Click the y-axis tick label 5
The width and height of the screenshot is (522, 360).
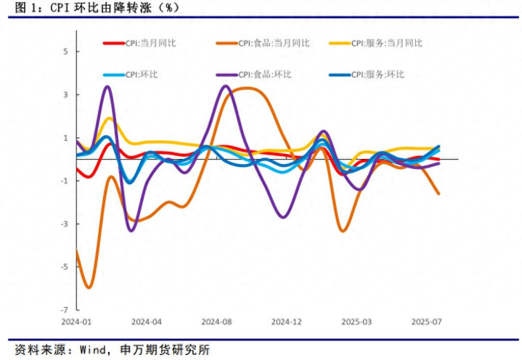point(65,52)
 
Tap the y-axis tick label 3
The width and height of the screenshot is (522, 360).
point(65,94)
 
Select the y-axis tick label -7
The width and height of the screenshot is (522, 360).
point(64,309)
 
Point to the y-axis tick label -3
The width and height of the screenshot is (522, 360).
point(64,224)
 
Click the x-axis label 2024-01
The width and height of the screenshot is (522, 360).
point(76,321)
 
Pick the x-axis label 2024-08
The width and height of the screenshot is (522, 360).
point(216,321)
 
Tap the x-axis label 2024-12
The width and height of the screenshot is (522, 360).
point(286,321)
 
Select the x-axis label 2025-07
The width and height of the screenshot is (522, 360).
point(427,321)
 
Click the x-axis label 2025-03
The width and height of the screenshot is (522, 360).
point(356,321)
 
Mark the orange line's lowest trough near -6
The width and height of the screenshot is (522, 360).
point(89,287)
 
